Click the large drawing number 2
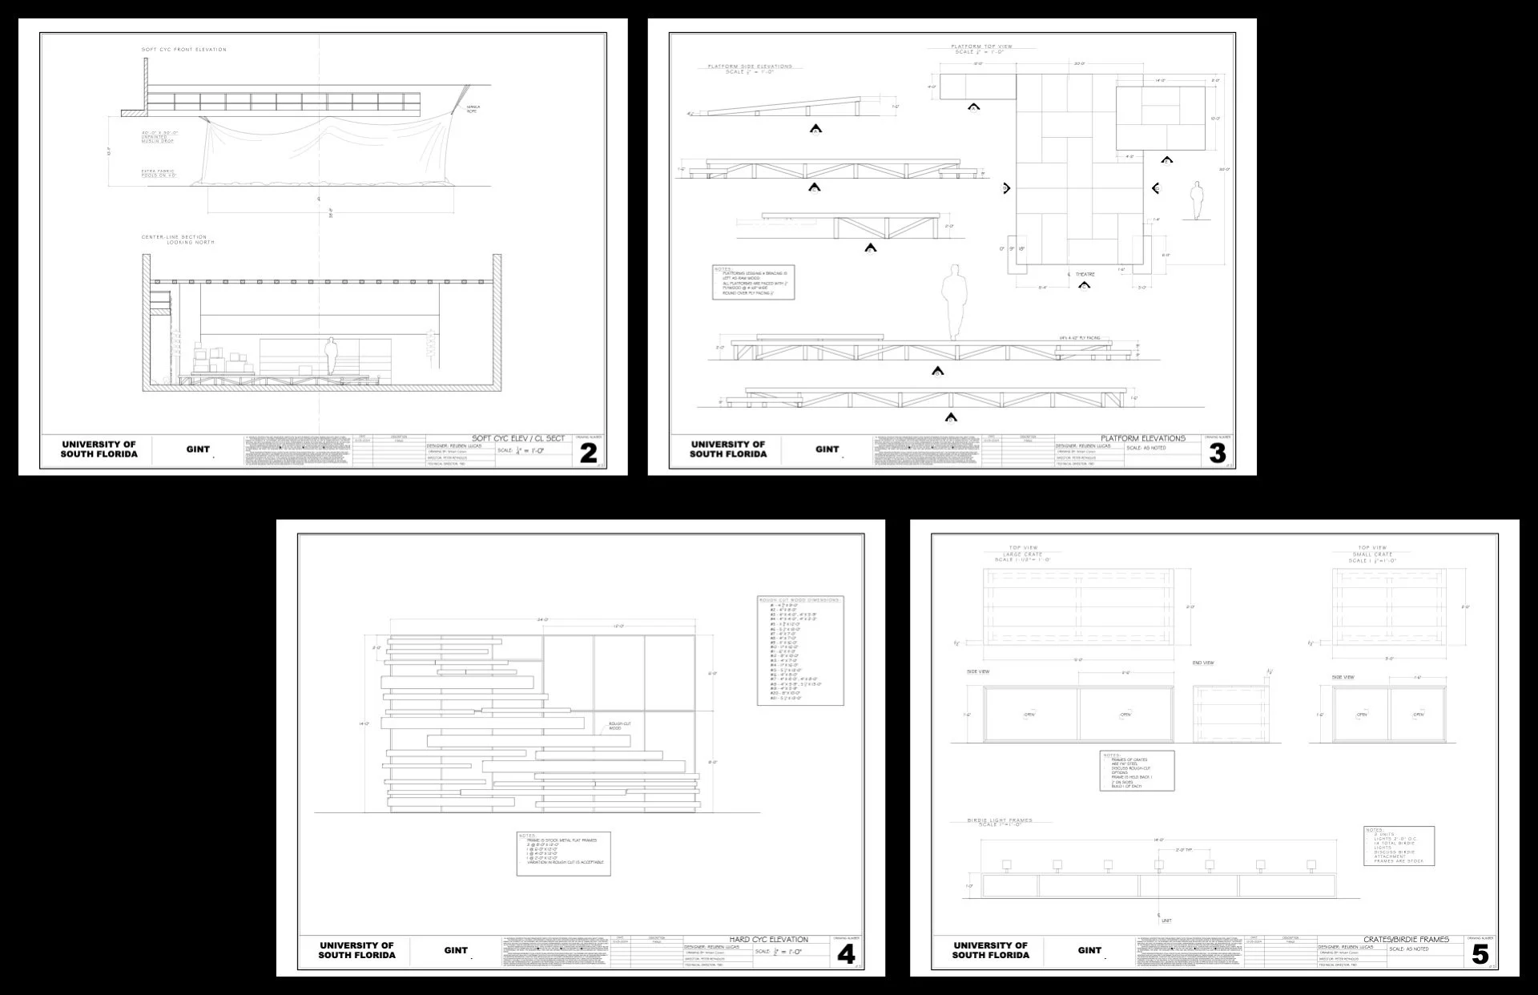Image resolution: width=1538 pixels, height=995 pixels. [588, 453]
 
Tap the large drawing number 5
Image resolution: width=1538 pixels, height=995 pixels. [1480, 954]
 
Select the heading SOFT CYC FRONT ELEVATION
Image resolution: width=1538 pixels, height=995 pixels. [184, 50]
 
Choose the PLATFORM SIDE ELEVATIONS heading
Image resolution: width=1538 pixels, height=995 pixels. [750, 66]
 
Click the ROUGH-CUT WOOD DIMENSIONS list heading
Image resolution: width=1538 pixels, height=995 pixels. [799, 599]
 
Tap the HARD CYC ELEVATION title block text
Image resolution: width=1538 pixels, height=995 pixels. [768, 939]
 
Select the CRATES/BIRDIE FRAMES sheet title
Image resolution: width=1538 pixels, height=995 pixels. [1406, 939]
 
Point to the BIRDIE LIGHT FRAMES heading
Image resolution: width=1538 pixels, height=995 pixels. [999, 820]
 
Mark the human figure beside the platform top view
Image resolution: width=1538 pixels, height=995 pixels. [1197, 200]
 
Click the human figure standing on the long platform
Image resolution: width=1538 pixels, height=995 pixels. [953, 303]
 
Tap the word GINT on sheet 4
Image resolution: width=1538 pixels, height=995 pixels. [456, 950]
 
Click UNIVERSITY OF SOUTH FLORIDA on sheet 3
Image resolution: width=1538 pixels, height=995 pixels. [728, 449]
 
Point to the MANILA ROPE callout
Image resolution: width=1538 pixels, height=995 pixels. [473, 108]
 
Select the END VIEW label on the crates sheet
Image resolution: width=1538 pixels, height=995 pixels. [1203, 663]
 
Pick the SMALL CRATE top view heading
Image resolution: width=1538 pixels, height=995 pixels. [1372, 554]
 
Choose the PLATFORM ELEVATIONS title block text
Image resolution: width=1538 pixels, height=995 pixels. [1143, 438]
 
